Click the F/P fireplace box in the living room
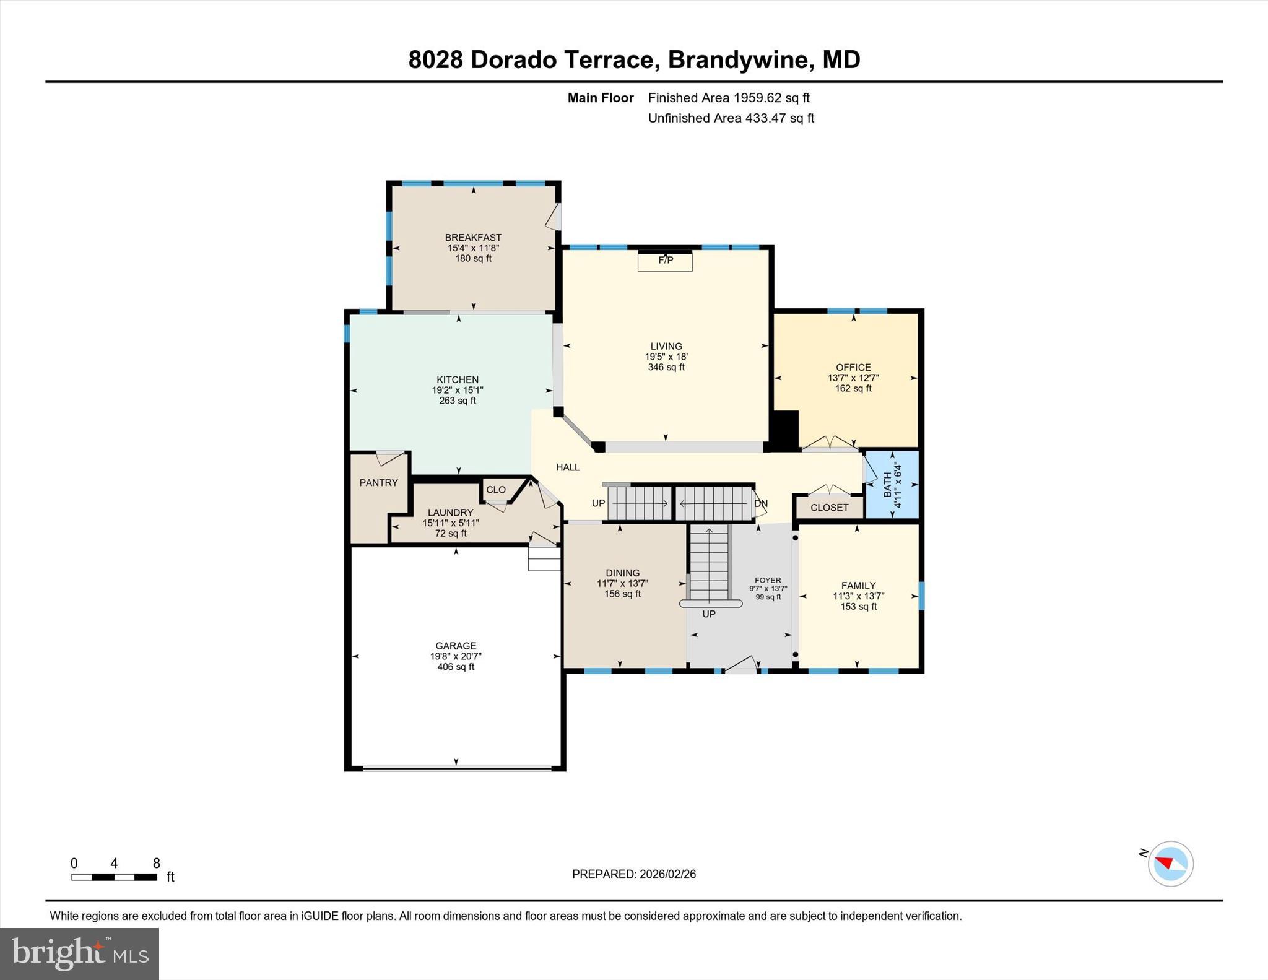pyautogui.click(x=665, y=261)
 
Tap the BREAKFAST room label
pyautogui.click(x=473, y=238)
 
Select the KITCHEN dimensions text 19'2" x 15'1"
pyautogui.click(x=458, y=391)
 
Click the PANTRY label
pyautogui.click(x=378, y=483)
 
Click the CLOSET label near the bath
pyautogui.click(x=829, y=508)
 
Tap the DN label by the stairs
pyautogui.click(x=761, y=503)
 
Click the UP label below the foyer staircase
pyautogui.click(x=709, y=614)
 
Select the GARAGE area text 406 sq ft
pyautogui.click(x=456, y=667)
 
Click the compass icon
pyautogui.click(x=1170, y=864)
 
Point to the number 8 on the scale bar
pyautogui.click(x=157, y=863)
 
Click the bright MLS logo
pyautogui.click(x=79, y=954)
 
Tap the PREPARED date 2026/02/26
pyautogui.click(x=667, y=874)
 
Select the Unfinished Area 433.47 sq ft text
pyautogui.click(x=731, y=118)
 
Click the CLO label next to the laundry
pyautogui.click(x=496, y=490)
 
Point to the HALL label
pyautogui.click(x=568, y=467)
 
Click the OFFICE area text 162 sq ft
pyautogui.click(x=853, y=389)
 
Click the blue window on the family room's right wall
pyautogui.click(x=921, y=596)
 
